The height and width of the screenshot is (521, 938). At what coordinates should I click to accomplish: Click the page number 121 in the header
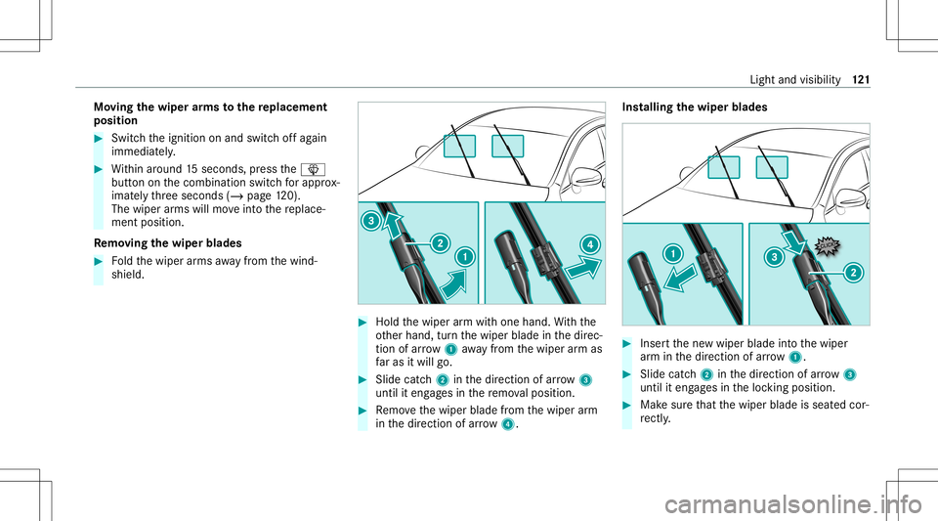862,79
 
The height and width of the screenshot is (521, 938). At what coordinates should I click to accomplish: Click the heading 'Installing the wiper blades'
695,108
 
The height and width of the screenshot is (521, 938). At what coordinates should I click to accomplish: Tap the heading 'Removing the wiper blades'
167,242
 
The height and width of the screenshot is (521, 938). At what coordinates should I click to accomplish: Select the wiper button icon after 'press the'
313,169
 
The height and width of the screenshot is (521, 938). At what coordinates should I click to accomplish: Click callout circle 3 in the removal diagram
371,221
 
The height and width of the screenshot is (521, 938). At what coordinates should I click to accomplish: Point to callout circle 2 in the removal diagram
440,243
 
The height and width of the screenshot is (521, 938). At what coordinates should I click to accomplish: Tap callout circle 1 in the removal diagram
465,257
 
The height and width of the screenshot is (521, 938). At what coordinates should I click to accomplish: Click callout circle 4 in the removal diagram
589,244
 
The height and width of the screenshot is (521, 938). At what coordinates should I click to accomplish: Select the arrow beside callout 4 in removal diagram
584,268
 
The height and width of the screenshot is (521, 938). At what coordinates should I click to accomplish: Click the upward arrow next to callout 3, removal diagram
393,226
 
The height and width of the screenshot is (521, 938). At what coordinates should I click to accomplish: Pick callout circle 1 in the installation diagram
673,253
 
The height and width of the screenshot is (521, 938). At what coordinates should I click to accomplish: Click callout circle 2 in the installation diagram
853,273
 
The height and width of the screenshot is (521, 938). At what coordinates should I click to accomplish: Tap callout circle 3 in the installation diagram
774,257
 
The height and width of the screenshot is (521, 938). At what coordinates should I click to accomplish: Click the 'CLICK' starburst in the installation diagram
828,245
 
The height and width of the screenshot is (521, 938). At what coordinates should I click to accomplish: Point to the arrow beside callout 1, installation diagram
681,279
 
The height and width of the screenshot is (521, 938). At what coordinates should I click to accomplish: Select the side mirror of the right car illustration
851,198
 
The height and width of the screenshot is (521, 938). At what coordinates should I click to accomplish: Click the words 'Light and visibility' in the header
795,79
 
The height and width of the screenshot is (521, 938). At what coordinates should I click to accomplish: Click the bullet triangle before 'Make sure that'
626,405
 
